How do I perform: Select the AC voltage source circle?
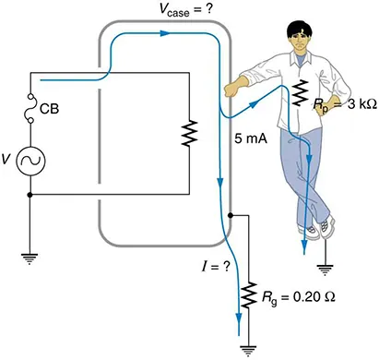(x=31, y=162)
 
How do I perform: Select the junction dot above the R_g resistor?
(x=230, y=214)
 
